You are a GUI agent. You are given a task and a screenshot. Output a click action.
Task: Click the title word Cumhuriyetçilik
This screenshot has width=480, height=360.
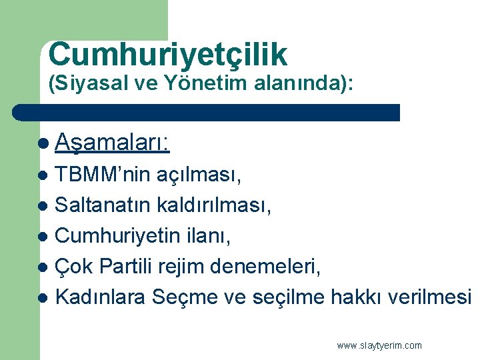coord(167,55)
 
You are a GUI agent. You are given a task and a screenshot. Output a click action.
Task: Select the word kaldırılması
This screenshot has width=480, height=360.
coord(215,205)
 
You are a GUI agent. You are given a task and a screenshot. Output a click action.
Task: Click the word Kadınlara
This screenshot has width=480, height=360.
coord(99,296)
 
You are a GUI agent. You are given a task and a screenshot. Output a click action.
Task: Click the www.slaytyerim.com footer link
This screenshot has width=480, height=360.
coord(379,345)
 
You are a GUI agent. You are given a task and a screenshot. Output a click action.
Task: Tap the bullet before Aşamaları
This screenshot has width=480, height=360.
coord(43,143)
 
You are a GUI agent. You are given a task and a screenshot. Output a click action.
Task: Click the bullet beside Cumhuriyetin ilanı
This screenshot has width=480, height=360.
coord(43,236)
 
